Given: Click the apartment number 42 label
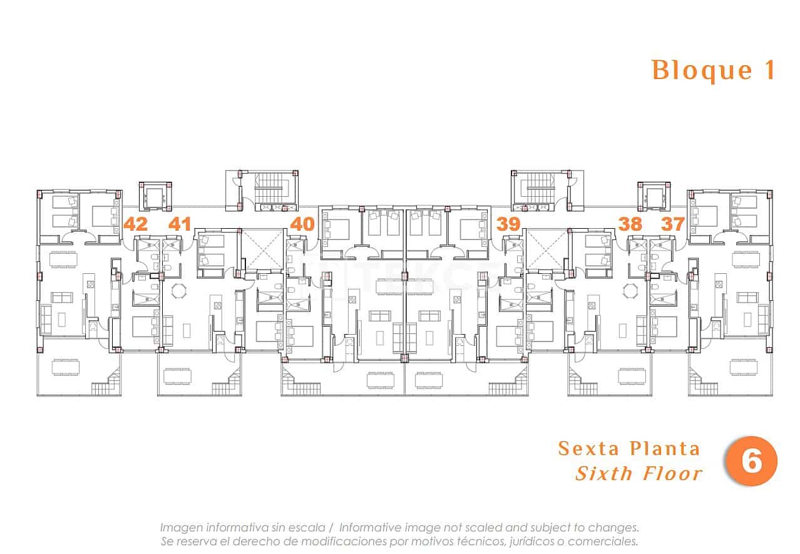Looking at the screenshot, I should (136, 224).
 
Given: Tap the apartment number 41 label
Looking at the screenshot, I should (180, 224).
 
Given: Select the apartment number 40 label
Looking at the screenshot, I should (302, 224).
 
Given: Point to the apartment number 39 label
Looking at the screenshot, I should (508, 224).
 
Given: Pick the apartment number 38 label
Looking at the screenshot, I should (630, 224).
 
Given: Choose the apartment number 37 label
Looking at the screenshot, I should (673, 224).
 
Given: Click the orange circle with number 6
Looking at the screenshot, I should (751, 462).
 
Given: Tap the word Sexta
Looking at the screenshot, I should (588, 449).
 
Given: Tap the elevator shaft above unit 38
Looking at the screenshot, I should (654, 196).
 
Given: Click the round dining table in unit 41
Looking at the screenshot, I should (180, 291).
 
